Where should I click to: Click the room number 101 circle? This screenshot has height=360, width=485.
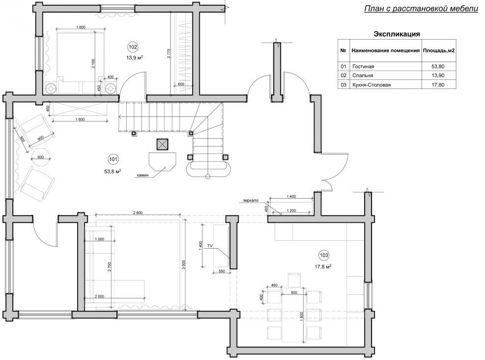113,159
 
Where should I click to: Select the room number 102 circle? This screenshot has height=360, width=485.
133,47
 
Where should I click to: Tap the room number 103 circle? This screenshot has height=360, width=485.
324,255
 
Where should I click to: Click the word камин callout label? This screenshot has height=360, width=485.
142,175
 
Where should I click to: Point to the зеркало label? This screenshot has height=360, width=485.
250,200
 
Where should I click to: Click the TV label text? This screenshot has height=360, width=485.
210,246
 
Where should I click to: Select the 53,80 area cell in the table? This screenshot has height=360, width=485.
438,66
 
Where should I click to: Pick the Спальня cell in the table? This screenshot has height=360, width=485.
362,76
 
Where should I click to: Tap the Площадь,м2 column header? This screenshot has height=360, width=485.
439,51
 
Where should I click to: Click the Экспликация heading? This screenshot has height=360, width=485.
397,34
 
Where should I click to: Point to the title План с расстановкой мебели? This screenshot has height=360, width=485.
421,9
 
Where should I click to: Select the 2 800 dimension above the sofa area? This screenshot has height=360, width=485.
137,212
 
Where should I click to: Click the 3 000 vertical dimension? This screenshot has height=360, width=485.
184,265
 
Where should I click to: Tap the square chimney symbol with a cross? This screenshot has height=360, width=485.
162,144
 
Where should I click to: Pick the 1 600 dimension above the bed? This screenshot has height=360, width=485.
81,27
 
